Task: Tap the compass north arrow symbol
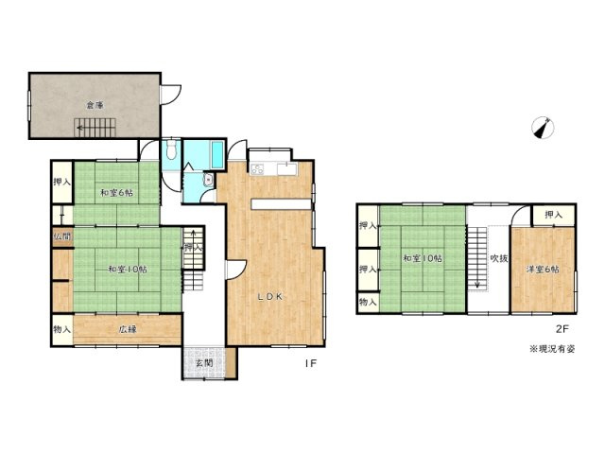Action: point(541,128)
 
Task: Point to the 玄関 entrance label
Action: point(203,363)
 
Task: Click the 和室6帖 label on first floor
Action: point(117,193)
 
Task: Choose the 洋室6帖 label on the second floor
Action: point(543,269)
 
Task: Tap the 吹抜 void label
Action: point(499,258)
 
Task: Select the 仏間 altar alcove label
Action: point(61,236)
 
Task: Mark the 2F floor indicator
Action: point(561,329)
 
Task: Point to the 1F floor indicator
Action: point(309,362)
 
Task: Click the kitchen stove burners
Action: point(258,168)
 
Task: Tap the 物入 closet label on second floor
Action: point(368,303)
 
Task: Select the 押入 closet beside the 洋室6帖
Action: point(552,216)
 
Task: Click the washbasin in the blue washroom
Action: point(207,183)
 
